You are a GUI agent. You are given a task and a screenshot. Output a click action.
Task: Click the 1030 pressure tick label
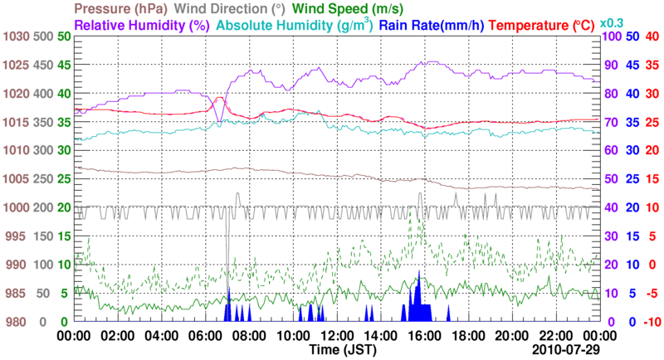tap(16, 37)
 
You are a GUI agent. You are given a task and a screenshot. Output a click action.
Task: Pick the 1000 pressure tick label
tap(16, 207)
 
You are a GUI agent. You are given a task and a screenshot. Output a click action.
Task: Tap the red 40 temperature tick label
tap(652, 37)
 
